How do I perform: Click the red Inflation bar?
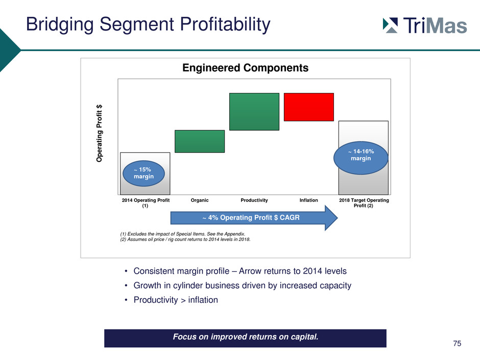tap(308, 107)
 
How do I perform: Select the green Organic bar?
tap(200, 141)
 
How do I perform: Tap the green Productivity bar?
tap(254, 112)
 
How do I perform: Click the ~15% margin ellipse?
tap(143, 173)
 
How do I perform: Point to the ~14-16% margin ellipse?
tap(361, 158)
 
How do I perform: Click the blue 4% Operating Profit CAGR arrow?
tap(254, 218)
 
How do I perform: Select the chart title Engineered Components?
tap(245, 67)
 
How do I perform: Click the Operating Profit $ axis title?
tap(99, 133)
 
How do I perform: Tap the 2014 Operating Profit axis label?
tap(146, 203)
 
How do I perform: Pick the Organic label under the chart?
tap(200, 200)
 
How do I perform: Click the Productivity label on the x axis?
tap(254, 200)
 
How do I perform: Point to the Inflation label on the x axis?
tap(308, 200)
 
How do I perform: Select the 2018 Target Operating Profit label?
tap(364, 203)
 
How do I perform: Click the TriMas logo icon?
tap(390, 25)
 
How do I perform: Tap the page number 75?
tap(457, 344)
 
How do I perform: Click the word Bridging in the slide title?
tap(60, 25)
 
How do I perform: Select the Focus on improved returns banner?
tap(245, 338)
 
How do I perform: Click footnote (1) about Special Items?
tap(182, 234)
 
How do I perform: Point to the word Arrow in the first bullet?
tap(250, 271)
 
